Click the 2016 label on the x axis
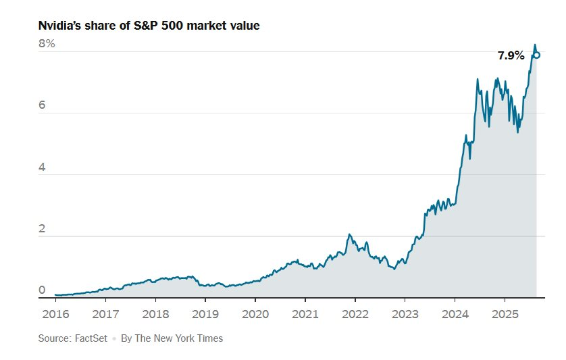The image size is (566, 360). (x=55, y=314)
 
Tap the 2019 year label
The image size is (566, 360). (x=205, y=314)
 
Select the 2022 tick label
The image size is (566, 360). (x=355, y=314)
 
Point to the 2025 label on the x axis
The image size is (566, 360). (x=505, y=314)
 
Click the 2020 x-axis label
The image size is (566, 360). (x=255, y=314)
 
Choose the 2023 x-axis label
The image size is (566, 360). (x=405, y=314)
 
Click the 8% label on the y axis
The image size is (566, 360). (x=47, y=44)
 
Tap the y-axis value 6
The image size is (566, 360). (x=42, y=106)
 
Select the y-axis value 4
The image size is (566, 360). (x=42, y=168)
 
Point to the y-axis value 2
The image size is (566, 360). (x=42, y=229)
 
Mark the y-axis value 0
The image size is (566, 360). (x=42, y=290)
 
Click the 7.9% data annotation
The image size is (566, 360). (x=511, y=56)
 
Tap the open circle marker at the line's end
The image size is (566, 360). (x=536, y=55)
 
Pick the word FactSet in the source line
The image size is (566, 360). (x=91, y=338)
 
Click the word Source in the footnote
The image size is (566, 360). (x=53, y=338)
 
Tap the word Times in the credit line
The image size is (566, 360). (x=209, y=338)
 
